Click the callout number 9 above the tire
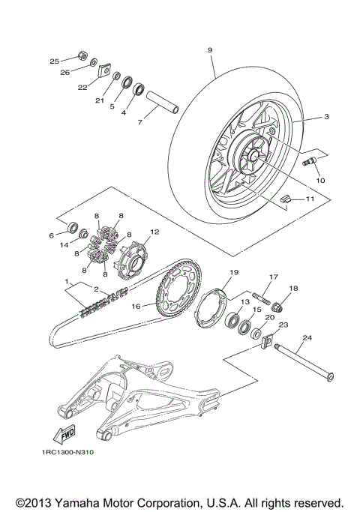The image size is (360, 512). point(210,50)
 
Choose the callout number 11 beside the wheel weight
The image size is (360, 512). point(307,199)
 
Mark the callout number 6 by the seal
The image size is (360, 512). point(52,235)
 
